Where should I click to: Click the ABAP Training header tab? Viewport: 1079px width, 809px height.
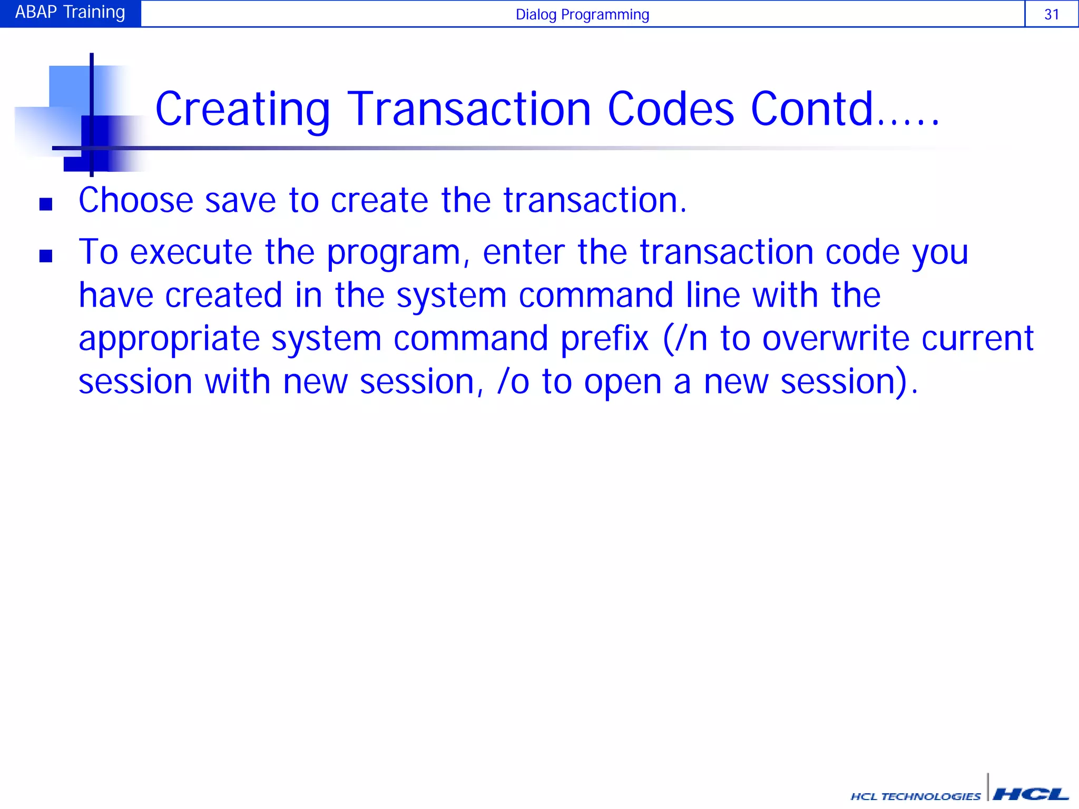point(70,13)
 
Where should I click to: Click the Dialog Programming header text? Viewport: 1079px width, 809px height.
point(582,14)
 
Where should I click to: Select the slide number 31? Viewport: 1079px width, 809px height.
point(1051,14)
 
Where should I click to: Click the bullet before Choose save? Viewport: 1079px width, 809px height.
point(46,204)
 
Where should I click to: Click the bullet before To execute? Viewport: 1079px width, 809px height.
point(46,256)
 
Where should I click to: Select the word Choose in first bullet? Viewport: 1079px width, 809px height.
point(136,201)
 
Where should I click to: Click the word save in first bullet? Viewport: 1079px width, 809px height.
point(240,201)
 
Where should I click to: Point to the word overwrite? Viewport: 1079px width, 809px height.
point(836,339)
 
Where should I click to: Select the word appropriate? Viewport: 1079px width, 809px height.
point(169,340)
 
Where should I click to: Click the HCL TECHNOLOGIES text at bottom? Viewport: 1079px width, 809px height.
point(915,796)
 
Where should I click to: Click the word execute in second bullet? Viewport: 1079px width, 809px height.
point(191,253)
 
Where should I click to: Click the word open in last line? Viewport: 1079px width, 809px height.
point(622,383)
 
